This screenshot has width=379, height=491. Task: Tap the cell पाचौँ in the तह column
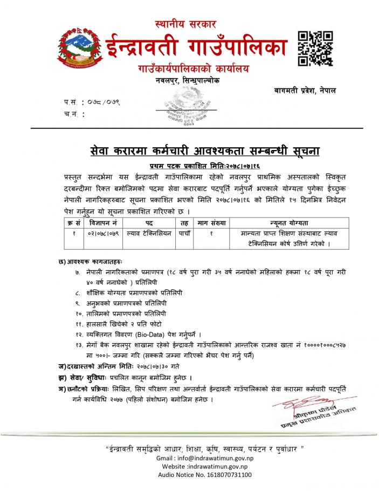pos(184,233)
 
